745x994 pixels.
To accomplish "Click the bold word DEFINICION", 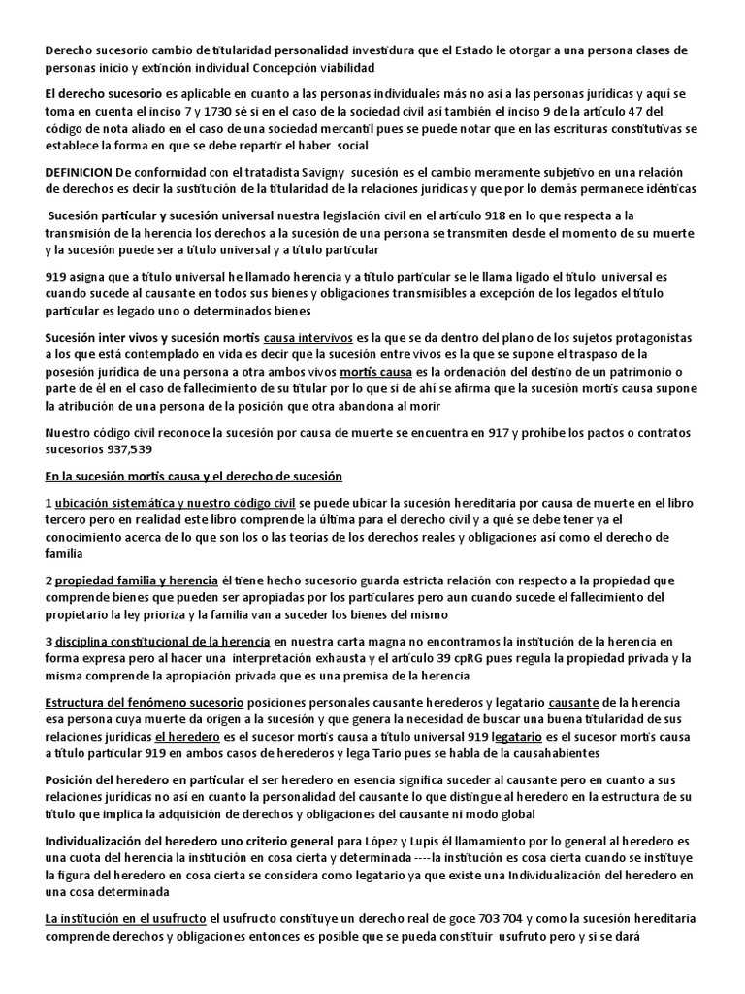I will tap(79, 171).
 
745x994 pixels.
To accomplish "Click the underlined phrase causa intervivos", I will tap(308, 337).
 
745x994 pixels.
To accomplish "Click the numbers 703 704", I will tap(526, 919).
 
